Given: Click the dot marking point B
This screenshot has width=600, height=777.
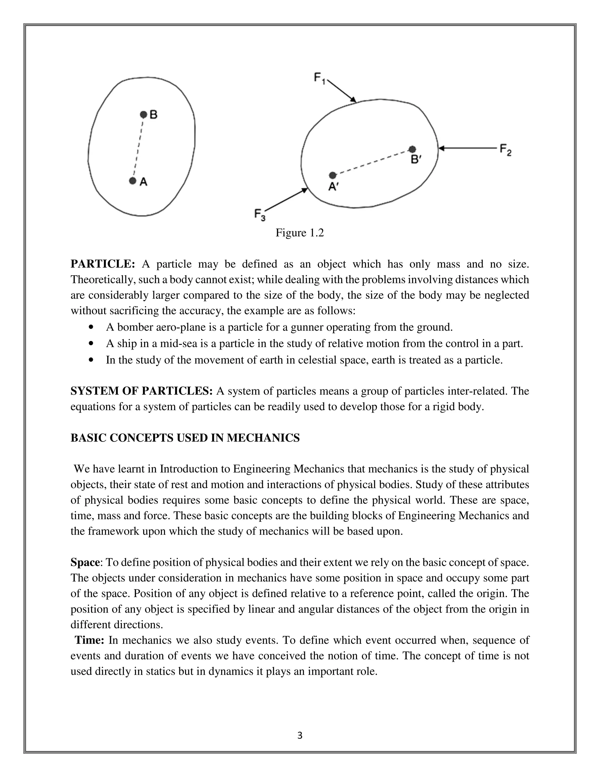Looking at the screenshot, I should (x=143, y=115).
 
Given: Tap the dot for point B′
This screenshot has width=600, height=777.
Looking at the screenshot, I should (x=412, y=149).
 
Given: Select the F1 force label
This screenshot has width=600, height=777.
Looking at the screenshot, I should (x=319, y=78).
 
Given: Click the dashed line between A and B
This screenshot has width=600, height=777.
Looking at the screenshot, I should (x=138, y=148).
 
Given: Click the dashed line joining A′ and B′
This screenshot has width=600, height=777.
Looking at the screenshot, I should (x=372, y=162).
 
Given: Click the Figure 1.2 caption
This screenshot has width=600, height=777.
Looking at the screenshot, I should (x=300, y=233).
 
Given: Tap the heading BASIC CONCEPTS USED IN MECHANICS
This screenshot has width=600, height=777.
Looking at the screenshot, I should (x=185, y=438).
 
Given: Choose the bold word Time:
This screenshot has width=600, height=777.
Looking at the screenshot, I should (x=89, y=640).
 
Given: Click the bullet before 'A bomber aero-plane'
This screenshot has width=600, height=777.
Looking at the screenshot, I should (x=92, y=327).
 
